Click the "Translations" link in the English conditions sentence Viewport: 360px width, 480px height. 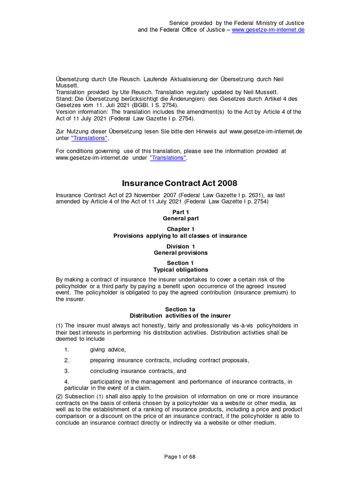click(168, 158)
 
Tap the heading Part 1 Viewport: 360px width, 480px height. click(180, 212)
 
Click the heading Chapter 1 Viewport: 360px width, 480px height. click(180, 229)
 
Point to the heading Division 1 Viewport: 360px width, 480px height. click(180, 246)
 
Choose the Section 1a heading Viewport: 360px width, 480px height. click(180, 309)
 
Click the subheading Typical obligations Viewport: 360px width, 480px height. click(180, 270)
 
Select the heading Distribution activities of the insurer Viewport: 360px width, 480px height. click(180, 316)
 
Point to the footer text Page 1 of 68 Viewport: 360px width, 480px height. click(180, 458)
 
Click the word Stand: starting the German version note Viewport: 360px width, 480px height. click(64, 99)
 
